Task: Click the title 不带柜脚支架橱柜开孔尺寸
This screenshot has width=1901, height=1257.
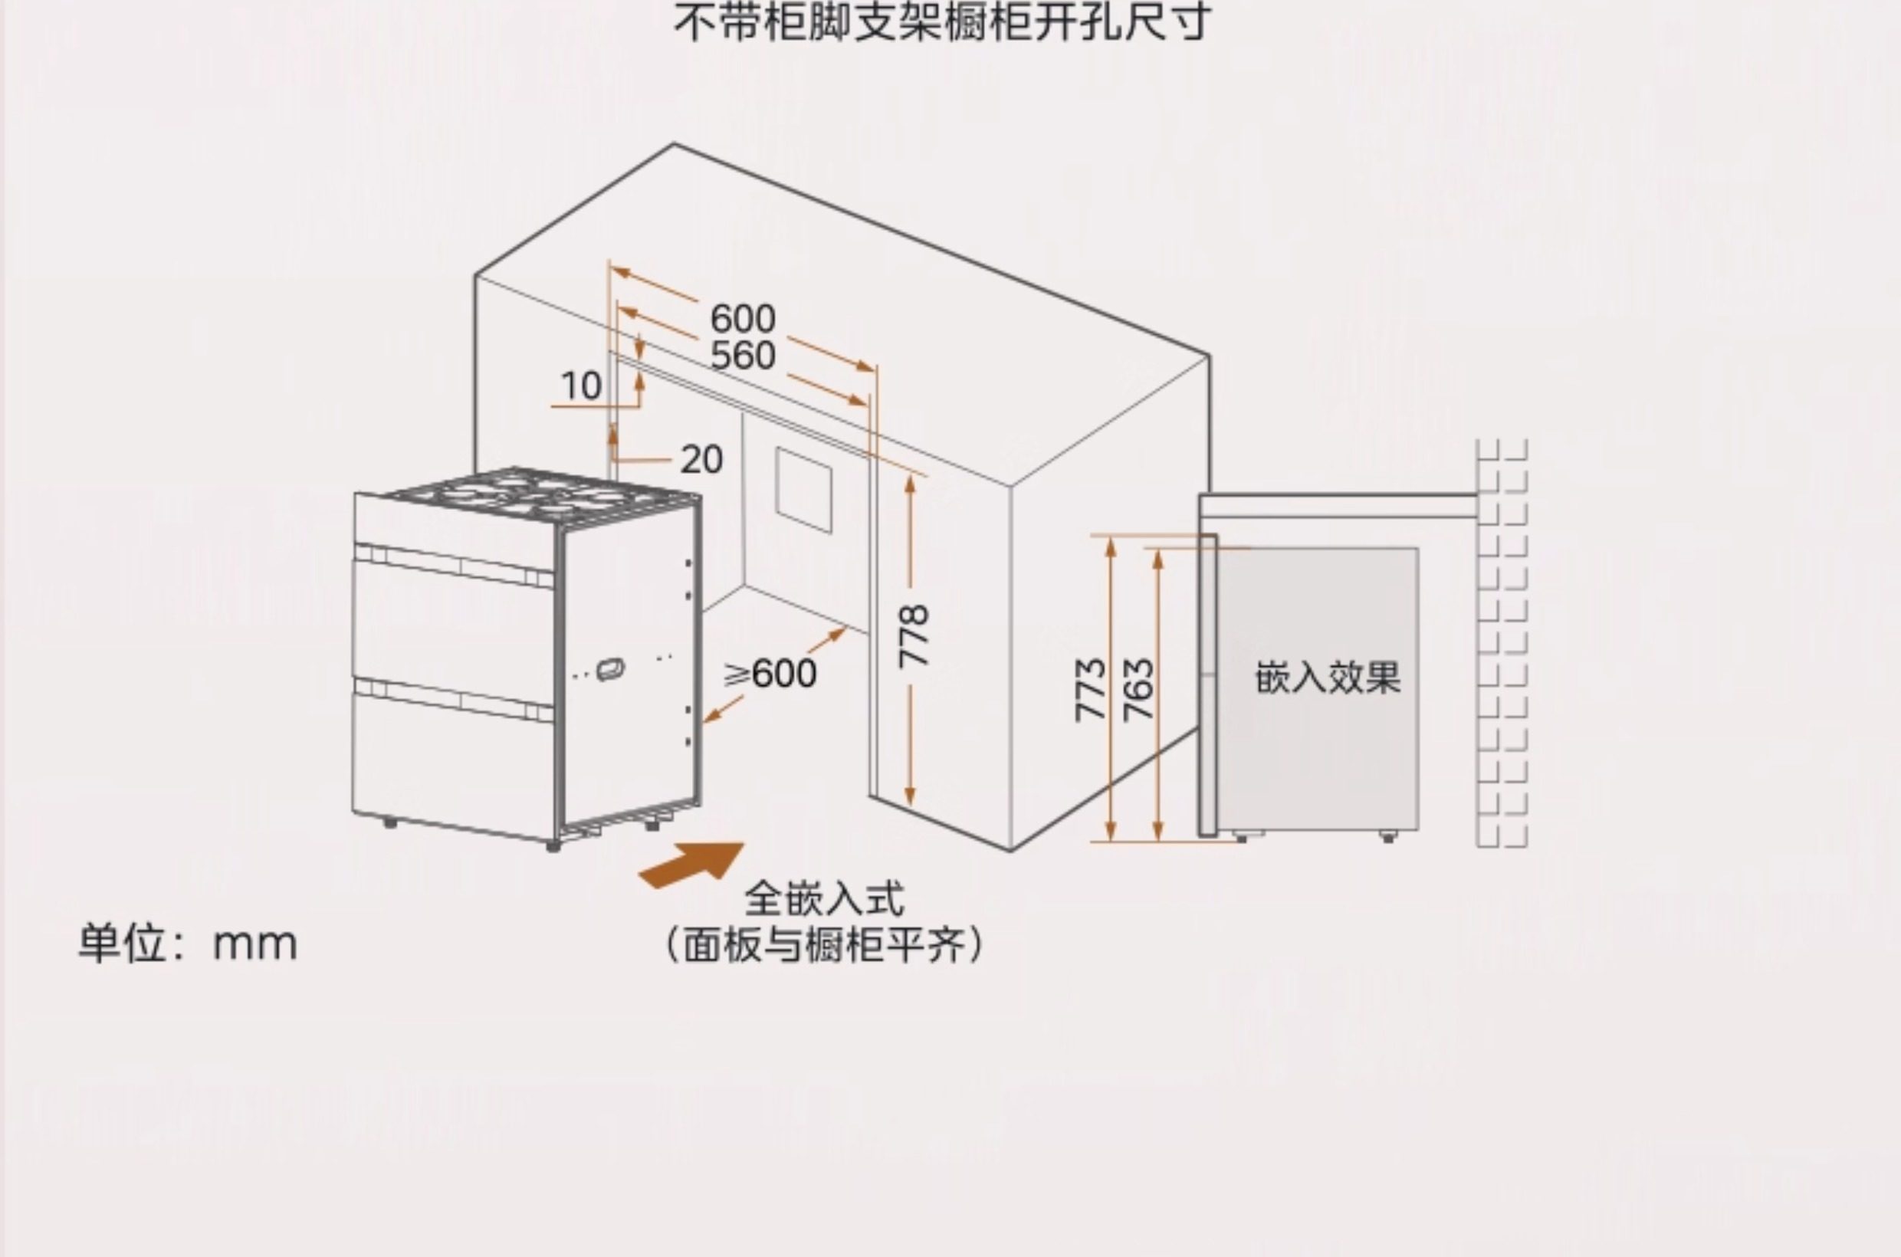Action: (x=941, y=22)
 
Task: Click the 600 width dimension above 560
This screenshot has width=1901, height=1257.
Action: (x=743, y=319)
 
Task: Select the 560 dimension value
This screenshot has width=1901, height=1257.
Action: (x=743, y=356)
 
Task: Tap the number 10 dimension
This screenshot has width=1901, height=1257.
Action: (x=580, y=386)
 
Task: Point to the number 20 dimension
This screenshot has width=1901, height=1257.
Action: (x=701, y=460)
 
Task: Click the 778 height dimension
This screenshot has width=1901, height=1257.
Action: (x=913, y=638)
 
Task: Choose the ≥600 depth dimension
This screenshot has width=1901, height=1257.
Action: (x=771, y=674)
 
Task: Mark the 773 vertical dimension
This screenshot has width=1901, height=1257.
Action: (x=1091, y=689)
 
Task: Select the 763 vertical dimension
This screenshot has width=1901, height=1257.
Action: (x=1138, y=689)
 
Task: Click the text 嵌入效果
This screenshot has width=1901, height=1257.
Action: (x=1327, y=678)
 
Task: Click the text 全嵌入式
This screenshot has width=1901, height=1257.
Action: (x=824, y=898)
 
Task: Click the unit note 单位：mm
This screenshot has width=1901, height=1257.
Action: (x=188, y=944)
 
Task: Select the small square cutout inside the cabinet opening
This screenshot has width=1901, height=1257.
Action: (x=803, y=491)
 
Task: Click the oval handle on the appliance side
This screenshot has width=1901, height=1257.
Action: (x=611, y=668)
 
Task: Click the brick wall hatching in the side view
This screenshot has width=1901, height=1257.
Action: (x=1502, y=642)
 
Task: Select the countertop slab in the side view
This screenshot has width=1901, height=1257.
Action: (x=1338, y=506)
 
